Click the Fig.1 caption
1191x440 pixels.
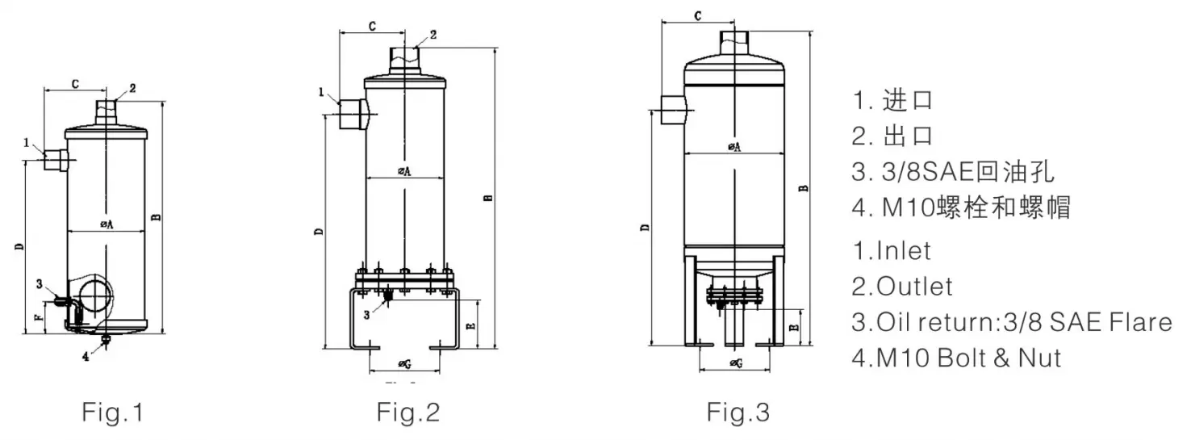pos(112,413)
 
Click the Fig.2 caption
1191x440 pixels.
pos(409,413)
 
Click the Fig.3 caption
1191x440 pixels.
pos(738,413)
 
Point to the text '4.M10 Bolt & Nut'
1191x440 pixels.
pos(956,357)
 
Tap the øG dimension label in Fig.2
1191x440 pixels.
pos(405,365)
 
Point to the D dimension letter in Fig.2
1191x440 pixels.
pos(319,232)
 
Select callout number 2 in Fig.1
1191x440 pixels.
pos(132,88)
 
